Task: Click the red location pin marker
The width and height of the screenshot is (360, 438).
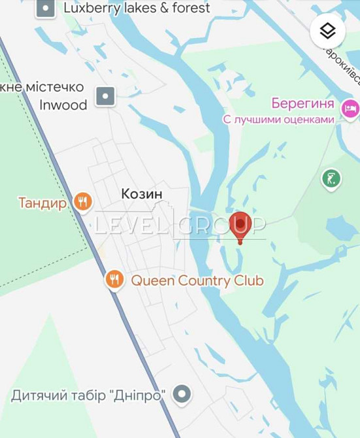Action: point(240,225)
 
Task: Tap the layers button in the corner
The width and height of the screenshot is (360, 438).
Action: point(327,31)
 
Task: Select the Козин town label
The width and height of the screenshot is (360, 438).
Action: point(142,194)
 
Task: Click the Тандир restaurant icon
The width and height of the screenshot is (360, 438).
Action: point(82,202)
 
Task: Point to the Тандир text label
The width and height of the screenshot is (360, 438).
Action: point(42,203)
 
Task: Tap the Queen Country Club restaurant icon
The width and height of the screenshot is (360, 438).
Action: point(115,280)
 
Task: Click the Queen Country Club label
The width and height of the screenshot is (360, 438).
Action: point(197,280)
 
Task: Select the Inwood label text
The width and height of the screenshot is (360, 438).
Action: point(63,105)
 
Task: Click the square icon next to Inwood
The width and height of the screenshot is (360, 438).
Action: point(106,96)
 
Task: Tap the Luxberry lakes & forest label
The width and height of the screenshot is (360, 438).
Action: point(137,8)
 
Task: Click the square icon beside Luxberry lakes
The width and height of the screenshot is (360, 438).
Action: point(45,8)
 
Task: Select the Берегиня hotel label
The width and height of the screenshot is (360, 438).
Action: point(302,104)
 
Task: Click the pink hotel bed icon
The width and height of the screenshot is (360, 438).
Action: point(350,108)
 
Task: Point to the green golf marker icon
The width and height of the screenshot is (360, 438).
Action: point(331,178)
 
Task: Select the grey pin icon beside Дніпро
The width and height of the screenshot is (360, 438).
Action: point(182,394)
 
